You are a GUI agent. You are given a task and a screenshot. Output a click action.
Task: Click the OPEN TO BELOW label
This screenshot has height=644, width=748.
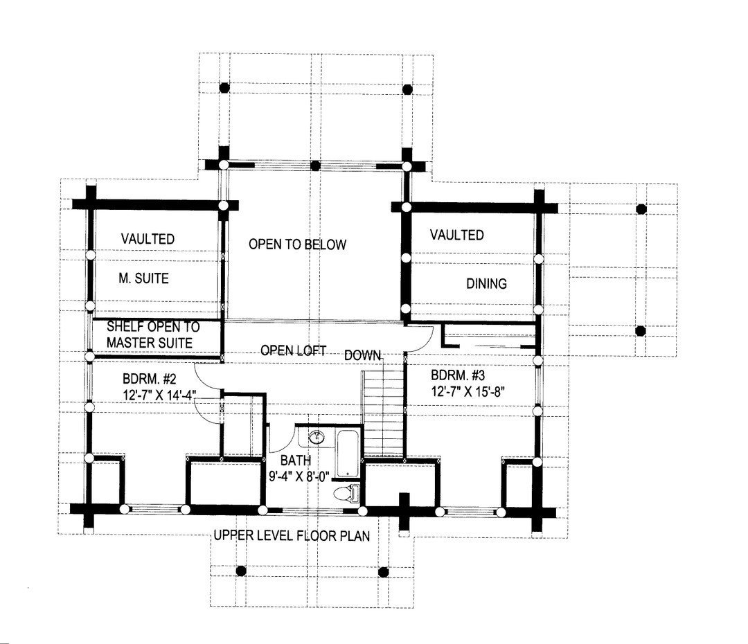(x=297, y=244)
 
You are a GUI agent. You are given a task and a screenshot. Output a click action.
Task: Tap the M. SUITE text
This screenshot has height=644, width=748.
(x=143, y=279)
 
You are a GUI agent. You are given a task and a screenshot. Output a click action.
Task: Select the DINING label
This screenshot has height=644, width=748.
(x=486, y=283)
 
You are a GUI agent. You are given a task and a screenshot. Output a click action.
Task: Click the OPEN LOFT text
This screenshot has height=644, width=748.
(x=293, y=350)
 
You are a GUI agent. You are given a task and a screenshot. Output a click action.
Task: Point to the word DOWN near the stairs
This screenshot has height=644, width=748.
(x=363, y=355)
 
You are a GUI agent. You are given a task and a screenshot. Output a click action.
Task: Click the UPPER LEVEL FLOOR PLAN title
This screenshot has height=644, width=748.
(x=292, y=535)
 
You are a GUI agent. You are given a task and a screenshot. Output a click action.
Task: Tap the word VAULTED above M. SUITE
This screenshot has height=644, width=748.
(x=148, y=239)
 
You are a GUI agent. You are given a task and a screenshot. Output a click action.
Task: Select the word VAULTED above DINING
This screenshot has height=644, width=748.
(x=456, y=235)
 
